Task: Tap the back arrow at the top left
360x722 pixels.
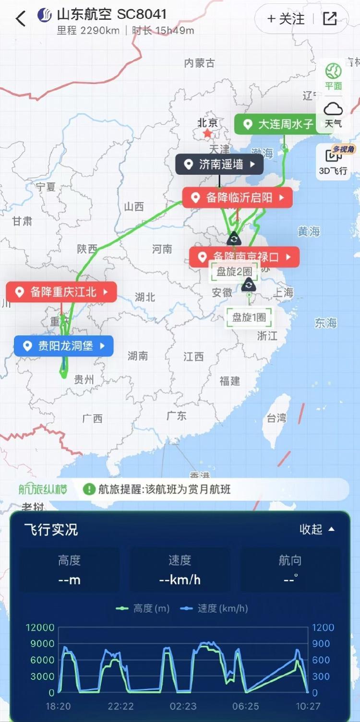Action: [20, 19]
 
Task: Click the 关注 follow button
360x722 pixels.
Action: [286, 19]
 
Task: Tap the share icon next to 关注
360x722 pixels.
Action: [330, 19]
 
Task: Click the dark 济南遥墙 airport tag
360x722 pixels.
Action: [219, 165]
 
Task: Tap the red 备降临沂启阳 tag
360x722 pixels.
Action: [237, 198]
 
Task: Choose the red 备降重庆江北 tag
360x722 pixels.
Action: [61, 292]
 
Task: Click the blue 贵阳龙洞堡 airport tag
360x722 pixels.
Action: [63, 346]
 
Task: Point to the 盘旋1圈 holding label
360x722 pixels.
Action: [249, 317]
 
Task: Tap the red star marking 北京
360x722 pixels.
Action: [207, 133]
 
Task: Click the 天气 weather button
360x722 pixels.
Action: [333, 115]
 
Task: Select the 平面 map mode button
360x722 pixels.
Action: [333, 76]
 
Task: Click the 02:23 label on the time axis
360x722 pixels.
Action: [183, 706]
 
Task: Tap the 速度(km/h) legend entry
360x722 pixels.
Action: [214, 608]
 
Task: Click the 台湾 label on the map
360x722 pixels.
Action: [276, 418]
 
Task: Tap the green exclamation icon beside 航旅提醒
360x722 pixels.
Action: [89, 489]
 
